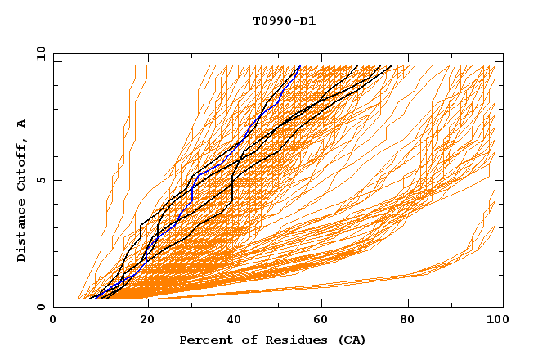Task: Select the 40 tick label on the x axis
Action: click(x=235, y=320)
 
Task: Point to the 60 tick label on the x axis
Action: click(x=325, y=320)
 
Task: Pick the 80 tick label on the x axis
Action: click(x=414, y=320)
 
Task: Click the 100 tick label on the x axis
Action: click(x=495, y=320)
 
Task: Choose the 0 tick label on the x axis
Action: click(x=54, y=320)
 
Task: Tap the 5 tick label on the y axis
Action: click(x=40, y=180)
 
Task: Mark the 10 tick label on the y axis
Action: click(x=38, y=53)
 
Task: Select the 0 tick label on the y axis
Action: click(x=40, y=308)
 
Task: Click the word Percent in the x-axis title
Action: click(x=204, y=340)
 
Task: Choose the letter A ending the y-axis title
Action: click(x=21, y=123)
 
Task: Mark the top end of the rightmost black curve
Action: click(x=392, y=66)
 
